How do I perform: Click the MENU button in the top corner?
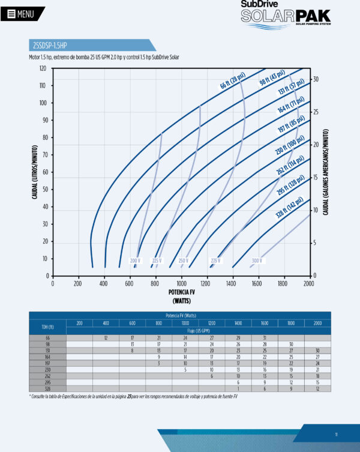tap(22, 13)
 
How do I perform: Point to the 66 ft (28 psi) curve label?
tap(233, 81)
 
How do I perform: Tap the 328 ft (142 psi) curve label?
tap(290, 208)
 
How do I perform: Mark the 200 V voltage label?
tap(135, 261)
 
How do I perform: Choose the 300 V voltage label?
tap(257, 261)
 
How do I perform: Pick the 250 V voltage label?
tap(183, 261)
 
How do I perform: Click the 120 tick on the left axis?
tap(43, 68)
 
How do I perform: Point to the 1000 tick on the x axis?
tap(181, 283)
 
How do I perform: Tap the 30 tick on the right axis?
tap(316, 79)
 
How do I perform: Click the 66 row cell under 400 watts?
tap(106, 338)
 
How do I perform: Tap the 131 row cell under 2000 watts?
tap(317, 350)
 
